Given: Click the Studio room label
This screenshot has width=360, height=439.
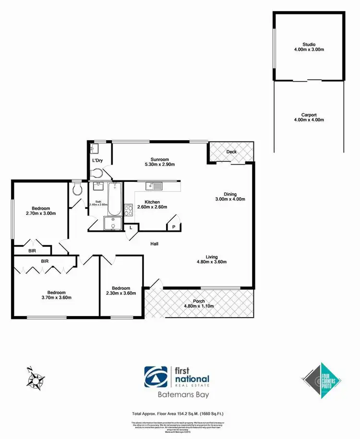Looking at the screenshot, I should tap(309, 44).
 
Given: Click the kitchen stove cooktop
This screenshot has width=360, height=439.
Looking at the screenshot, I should tap(129, 209).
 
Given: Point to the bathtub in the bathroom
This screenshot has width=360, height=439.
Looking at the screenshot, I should tap(114, 199).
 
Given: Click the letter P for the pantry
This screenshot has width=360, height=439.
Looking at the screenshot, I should tap(173, 227).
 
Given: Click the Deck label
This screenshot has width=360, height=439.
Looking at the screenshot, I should tap(231, 152).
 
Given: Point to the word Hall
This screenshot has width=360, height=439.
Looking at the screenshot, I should tap(154, 244).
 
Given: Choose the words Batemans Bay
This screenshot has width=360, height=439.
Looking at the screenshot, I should tap(180, 396).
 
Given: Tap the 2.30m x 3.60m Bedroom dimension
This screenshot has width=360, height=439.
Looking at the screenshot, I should tap(121, 293).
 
